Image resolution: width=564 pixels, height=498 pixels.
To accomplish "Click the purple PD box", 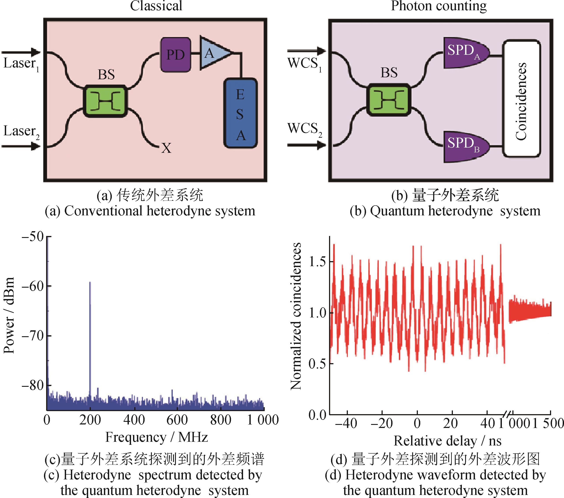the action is pos(176,55).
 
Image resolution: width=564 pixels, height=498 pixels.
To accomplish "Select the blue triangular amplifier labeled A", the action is pos(214,53).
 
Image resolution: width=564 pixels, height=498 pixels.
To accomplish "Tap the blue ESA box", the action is pos(241,113).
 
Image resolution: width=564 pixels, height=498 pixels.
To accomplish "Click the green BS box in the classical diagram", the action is pos(105,101).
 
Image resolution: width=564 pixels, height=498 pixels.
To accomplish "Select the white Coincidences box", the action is pos(521,99).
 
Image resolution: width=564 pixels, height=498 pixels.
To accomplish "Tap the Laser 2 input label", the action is pos(21,132).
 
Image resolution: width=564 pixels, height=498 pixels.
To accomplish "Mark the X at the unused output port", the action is pos(166,148).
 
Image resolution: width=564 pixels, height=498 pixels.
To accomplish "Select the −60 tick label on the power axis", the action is pos(33,286).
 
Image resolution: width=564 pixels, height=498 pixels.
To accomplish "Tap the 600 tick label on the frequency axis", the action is pos(177,420).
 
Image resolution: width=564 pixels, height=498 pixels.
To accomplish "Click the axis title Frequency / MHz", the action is pos(156,438).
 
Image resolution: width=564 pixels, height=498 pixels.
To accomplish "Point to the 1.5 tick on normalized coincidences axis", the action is pos(317,262).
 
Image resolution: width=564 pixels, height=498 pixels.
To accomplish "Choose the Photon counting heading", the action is pos(439,6).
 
